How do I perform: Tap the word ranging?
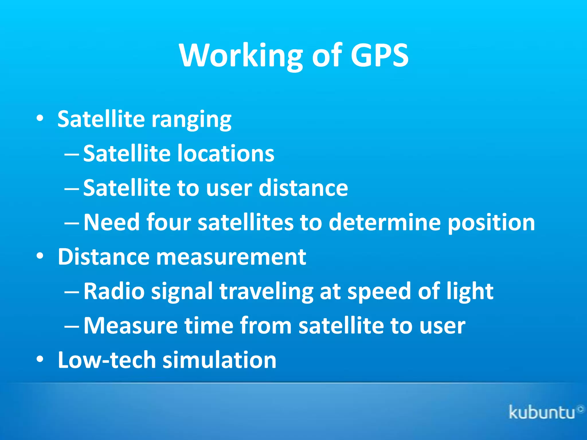(191, 120)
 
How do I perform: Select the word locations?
(226, 154)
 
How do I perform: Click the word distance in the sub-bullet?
(303, 188)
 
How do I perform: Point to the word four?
(169, 222)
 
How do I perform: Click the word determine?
(385, 222)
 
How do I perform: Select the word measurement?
(231, 257)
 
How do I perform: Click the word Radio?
(114, 291)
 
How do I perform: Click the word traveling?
(266, 292)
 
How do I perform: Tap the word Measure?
(130, 325)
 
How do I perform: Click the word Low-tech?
(107, 360)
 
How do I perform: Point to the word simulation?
(219, 360)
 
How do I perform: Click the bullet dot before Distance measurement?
(40, 256)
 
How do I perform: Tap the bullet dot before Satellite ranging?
(40, 118)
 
